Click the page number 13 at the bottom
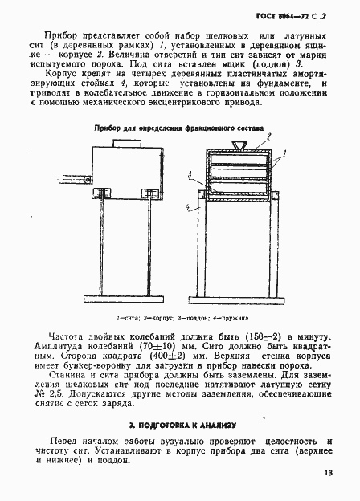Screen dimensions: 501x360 (328, 472)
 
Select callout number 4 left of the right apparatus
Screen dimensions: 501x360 (186, 207)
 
